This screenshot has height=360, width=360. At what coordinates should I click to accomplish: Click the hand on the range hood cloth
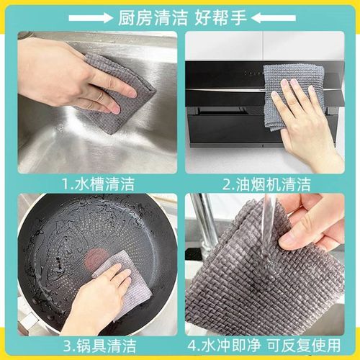coord(306,119)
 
